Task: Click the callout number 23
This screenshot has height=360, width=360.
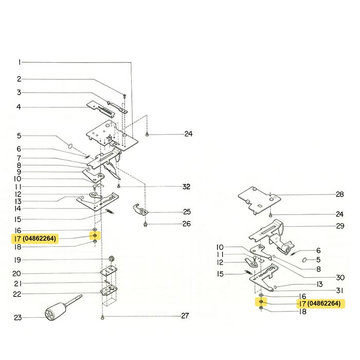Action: [17, 318]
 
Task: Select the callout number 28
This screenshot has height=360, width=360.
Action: [339, 194]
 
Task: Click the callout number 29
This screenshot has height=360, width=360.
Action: [339, 226]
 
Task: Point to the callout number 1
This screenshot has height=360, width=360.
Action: [20, 62]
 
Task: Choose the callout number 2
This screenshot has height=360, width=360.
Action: [19, 79]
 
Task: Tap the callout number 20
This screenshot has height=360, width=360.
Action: [17, 273]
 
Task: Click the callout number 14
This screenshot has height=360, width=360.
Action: [18, 209]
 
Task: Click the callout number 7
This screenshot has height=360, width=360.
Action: [19, 157]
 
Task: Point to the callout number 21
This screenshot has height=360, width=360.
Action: [17, 283]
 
